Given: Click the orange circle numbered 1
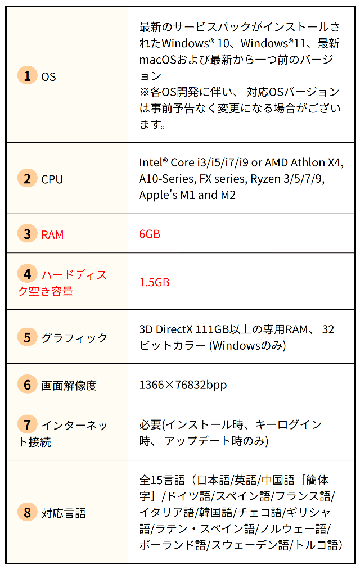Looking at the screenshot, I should click(27, 75).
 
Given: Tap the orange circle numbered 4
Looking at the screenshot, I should click(27, 274).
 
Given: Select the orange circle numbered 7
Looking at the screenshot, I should click(27, 424).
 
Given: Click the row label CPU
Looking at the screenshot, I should click(52, 179).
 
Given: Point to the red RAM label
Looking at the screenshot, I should click(52, 234).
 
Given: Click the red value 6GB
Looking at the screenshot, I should click(150, 234).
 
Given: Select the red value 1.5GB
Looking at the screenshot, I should click(154, 282).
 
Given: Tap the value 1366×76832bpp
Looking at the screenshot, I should click(183, 385).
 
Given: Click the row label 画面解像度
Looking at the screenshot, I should click(69, 386).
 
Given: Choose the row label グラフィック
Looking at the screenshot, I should click(74, 338).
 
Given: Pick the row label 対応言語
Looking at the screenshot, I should click(63, 513).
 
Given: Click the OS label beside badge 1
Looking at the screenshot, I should click(48, 76).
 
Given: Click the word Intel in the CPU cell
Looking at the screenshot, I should click(151, 162).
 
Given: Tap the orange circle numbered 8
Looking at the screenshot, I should click(27, 512).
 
